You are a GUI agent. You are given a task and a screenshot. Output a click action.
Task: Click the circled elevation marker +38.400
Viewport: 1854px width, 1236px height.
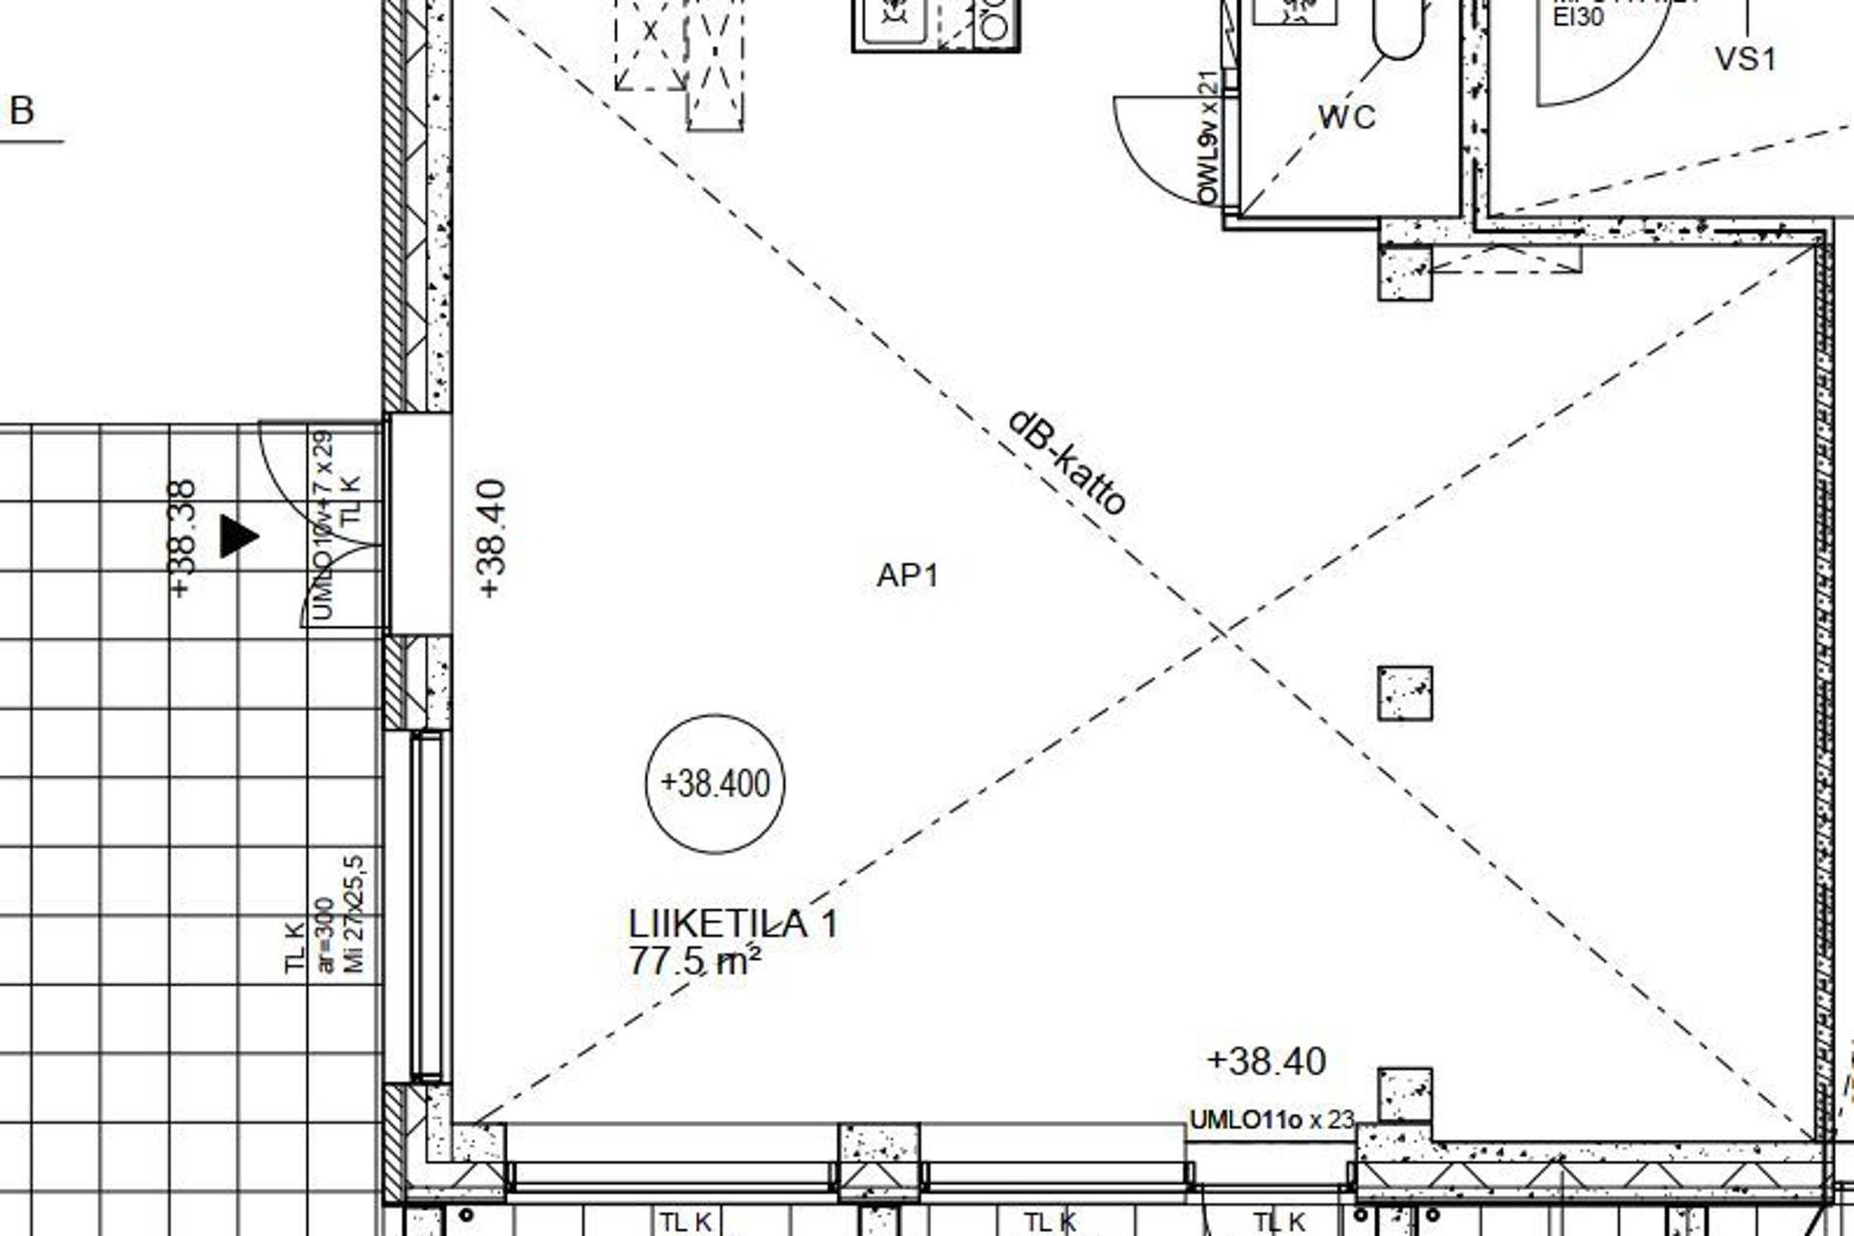click(x=715, y=783)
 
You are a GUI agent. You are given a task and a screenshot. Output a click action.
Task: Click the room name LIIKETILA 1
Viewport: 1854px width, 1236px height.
click(x=733, y=924)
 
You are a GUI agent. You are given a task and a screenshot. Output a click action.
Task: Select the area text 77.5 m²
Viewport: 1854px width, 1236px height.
click(x=694, y=962)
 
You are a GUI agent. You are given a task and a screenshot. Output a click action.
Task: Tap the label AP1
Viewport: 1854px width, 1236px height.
click(x=907, y=576)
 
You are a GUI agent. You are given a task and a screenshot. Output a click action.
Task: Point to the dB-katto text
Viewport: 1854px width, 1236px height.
click(x=1067, y=463)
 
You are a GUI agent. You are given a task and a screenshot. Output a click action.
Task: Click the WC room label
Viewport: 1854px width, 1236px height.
click(x=1346, y=118)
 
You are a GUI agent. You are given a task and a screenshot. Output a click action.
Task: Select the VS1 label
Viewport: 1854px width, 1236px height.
click(x=1745, y=59)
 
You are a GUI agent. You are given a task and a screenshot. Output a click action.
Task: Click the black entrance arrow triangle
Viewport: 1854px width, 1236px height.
click(x=238, y=536)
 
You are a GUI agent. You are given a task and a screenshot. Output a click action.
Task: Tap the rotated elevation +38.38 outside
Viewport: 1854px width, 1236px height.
click(x=183, y=538)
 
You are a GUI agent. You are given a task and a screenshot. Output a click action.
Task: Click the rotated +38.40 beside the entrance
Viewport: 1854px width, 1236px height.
click(x=492, y=538)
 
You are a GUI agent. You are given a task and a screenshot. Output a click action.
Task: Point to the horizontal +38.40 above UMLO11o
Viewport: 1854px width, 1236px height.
click(x=1267, y=1061)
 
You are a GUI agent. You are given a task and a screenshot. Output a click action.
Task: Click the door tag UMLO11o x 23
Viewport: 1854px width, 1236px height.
click(x=1272, y=1120)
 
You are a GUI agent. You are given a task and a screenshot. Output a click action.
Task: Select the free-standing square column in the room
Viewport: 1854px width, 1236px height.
click(x=1405, y=693)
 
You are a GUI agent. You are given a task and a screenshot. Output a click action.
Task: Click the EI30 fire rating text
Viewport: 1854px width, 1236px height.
click(x=1578, y=16)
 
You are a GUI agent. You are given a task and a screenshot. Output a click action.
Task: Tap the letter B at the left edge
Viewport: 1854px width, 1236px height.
click(x=21, y=111)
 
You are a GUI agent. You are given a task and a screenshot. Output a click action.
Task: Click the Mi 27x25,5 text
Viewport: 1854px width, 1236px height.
click(x=354, y=913)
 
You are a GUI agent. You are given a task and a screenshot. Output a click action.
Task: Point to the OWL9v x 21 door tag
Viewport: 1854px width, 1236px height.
click(x=1207, y=138)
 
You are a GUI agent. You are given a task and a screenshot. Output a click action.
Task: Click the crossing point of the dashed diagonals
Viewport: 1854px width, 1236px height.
click(x=1221, y=632)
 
